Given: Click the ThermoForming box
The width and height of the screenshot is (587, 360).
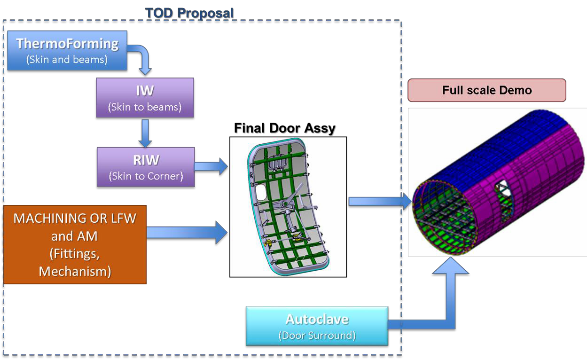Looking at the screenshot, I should pos(67,50).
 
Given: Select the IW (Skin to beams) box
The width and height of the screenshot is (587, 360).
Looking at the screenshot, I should pos(145,98).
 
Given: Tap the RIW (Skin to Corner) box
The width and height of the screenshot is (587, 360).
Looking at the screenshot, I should pos(146,167).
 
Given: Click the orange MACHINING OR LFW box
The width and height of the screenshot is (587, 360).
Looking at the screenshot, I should pos(75,244).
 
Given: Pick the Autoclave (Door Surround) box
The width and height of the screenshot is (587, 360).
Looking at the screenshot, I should pos(317,326).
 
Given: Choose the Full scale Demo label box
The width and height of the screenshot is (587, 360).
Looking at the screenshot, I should pos(487,90).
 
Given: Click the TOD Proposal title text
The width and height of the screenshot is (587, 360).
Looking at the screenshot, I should pos(189,13).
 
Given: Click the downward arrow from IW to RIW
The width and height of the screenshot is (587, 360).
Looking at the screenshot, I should pos(145,133).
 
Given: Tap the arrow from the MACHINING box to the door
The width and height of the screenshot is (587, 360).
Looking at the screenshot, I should pos(187,232).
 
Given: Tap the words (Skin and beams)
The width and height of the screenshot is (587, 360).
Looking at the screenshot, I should pos(67,60).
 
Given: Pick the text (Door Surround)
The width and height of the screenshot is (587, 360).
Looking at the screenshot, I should pos(317,336).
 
